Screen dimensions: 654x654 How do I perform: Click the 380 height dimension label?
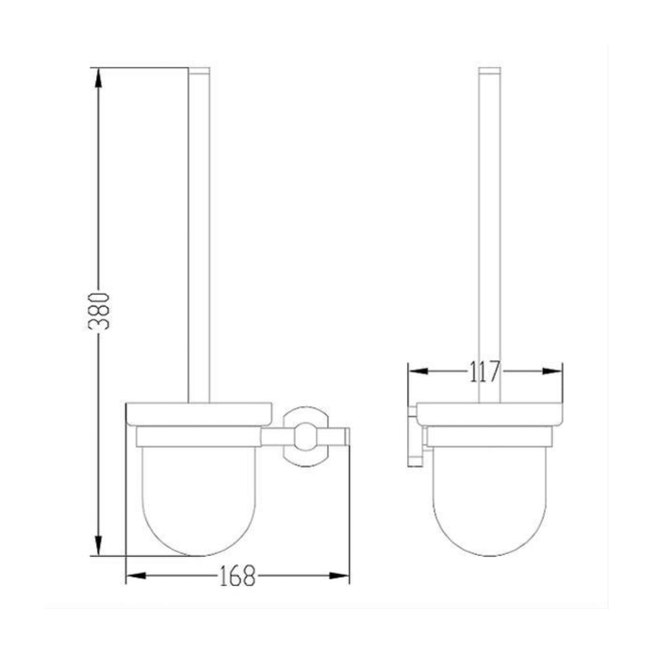point(99,311)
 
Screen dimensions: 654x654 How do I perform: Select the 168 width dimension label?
point(237,576)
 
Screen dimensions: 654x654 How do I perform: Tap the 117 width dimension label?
point(485,371)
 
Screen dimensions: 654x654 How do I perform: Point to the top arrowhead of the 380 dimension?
point(98,78)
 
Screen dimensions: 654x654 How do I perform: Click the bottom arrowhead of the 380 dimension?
point(98,546)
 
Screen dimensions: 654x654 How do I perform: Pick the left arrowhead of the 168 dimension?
point(136,576)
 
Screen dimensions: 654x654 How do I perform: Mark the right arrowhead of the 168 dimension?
point(339,576)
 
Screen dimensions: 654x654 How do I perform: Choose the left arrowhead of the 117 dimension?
point(418,371)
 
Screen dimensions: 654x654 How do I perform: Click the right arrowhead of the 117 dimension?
point(552,371)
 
